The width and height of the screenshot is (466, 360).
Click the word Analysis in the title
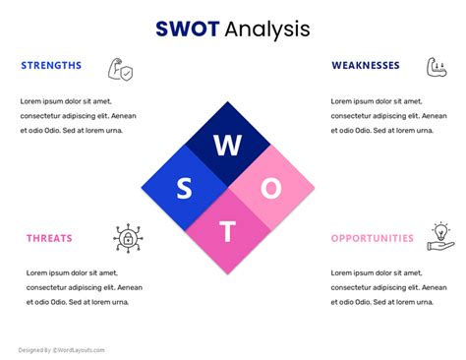tap(266, 30)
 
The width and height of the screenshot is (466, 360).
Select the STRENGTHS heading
tap(51, 66)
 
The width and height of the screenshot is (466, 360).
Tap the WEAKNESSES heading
tap(366, 66)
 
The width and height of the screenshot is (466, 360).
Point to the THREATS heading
tap(49, 238)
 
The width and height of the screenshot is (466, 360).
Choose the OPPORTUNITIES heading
tap(373, 238)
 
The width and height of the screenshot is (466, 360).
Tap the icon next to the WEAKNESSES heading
tap(437, 67)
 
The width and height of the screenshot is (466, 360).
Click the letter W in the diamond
tap(227, 146)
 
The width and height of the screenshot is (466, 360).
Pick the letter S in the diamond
tap(184, 188)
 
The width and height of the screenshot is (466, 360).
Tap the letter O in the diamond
tap(271, 188)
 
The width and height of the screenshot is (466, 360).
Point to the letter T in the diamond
tap(227, 231)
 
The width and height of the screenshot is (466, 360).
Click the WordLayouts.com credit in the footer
tap(79, 349)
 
